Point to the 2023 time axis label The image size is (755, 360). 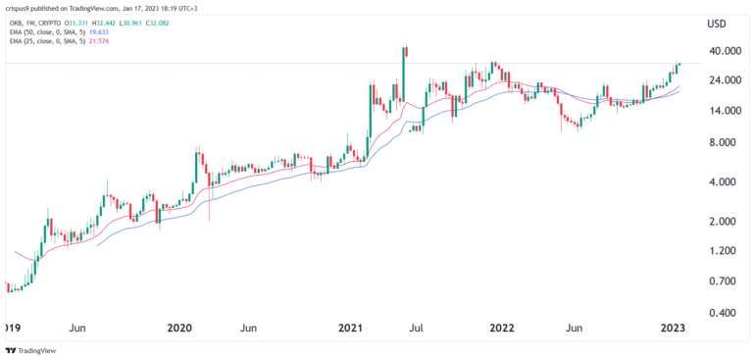[672, 327]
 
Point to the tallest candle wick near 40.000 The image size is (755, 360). [404, 47]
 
